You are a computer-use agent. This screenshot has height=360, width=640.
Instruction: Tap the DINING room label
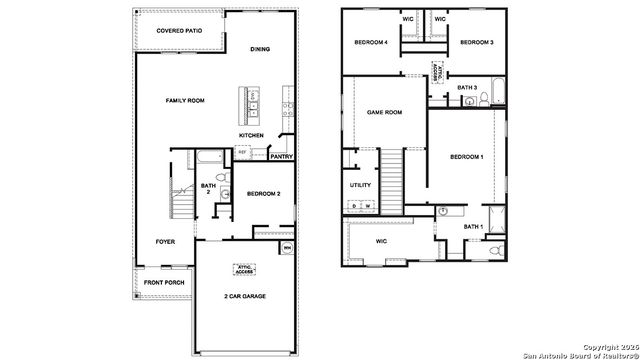pyautogui.click(x=260, y=49)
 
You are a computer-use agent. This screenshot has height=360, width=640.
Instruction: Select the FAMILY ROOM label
pyautogui.click(x=185, y=101)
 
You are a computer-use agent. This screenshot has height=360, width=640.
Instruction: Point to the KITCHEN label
pyautogui.click(x=251, y=135)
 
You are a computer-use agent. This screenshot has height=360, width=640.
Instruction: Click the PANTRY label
pyautogui.click(x=281, y=156)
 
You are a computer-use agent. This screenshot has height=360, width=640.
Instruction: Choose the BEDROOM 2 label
pyautogui.click(x=263, y=192)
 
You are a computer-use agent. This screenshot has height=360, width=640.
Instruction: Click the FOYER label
pyautogui.click(x=165, y=242)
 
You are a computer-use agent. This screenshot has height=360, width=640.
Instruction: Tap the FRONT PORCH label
pyautogui.click(x=163, y=283)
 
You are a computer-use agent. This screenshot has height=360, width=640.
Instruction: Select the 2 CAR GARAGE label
pyautogui.click(x=245, y=296)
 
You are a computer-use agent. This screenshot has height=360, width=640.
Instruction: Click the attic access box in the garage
pyautogui.click(x=245, y=268)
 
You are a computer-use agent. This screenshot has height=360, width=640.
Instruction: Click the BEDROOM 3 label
pyautogui.click(x=478, y=43)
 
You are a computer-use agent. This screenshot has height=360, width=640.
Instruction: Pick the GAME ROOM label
pyautogui.click(x=385, y=112)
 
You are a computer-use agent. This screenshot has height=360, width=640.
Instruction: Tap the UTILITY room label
pyautogui.click(x=360, y=185)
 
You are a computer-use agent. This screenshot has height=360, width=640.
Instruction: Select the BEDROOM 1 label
pyautogui.click(x=466, y=157)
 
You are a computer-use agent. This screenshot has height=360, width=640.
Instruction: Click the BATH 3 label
pyautogui.click(x=467, y=87)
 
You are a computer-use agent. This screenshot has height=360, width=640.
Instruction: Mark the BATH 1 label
pyautogui.click(x=473, y=227)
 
